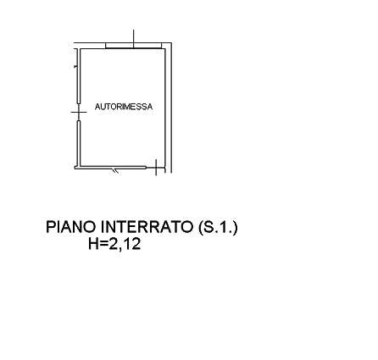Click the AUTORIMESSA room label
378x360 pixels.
[124, 107]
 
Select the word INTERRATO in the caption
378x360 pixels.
[147, 227]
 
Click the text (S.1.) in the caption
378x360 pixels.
[218, 227]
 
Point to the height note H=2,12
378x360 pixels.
[114, 244]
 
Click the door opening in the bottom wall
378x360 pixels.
[155, 168]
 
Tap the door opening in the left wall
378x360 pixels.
[79, 112]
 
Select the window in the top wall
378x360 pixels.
[133, 46]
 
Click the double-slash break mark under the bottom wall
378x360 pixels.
[115, 170]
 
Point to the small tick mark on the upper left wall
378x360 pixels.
[75, 67]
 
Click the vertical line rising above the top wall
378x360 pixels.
[133, 39]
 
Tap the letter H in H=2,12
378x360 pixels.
[93, 244]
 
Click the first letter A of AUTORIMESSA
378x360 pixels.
[97, 107]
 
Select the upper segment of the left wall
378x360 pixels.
[79, 76]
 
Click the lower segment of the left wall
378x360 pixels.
[79, 143]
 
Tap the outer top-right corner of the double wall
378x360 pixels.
[171, 43]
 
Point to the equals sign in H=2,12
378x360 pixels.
[104, 244]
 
